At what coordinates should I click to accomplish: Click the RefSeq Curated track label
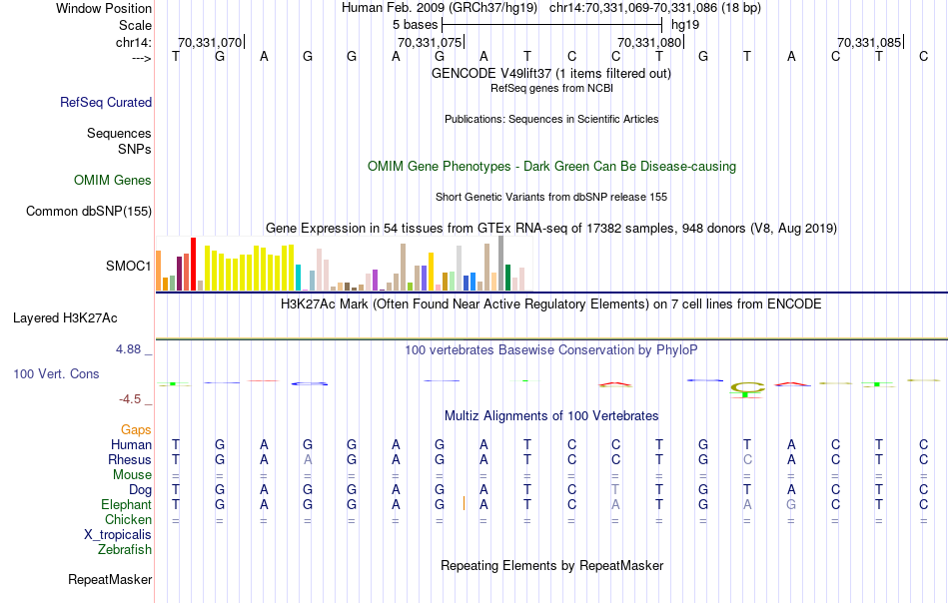coord(106,102)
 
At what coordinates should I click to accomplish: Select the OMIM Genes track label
coord(113,181)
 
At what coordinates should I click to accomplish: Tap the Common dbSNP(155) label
coord(89,211)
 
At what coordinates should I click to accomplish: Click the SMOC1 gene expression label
coord(129,267)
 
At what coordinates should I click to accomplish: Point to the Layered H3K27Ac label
coord(65,318)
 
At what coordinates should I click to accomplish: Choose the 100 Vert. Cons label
coord(57,373)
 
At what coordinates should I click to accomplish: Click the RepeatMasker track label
coord(110,579)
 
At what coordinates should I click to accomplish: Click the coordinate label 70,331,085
coord(869,42)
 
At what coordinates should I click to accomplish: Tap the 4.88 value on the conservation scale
coord(130,349)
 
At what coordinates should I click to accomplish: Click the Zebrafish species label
coord(125,549)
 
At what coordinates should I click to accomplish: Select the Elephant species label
coord(127,505)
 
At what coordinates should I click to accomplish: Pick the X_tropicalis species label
coord(118,534)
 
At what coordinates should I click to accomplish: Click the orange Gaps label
coord(136,429)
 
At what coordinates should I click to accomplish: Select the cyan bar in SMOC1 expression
coord(299,278)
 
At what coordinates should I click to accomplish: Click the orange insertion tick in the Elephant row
coord(465,504)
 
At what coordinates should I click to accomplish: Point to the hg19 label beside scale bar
coord(685,23)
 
